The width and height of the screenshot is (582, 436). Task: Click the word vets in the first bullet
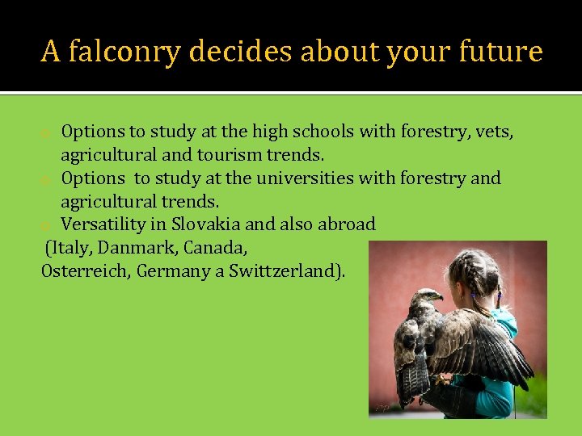tap(494, 131)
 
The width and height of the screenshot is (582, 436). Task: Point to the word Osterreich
tap(85, 270)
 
